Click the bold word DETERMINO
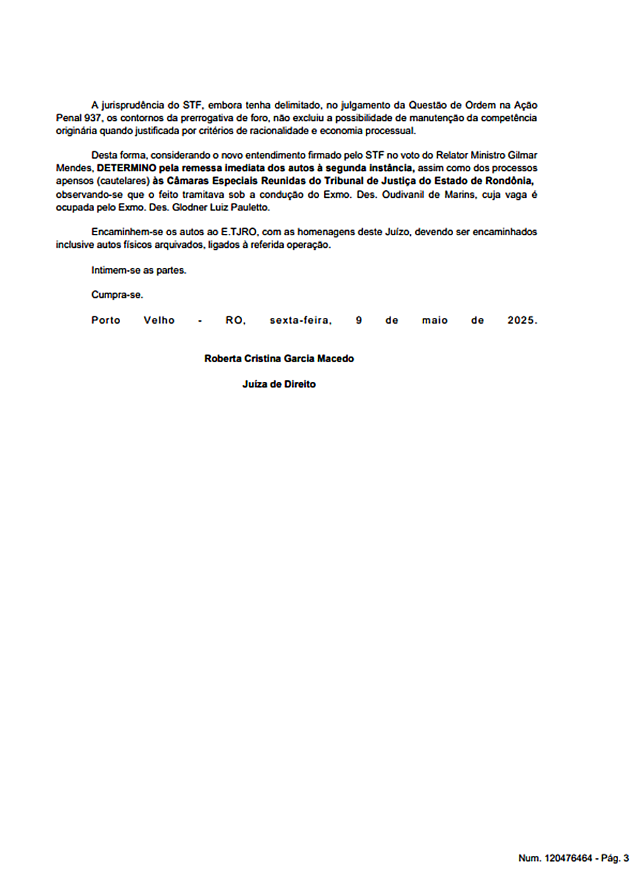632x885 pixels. pos(126,168)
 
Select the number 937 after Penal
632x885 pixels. pos(92,118)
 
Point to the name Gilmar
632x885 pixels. pos(523,156)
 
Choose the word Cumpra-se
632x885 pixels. pos(117,295)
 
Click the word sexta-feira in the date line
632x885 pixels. pos(301,320)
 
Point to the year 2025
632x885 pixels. pos(522,320)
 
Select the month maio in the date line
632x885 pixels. pos(435,320)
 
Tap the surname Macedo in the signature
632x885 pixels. pos(336,359)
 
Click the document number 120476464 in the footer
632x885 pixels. pos(568,858)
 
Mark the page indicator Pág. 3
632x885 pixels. pos(614,858)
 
